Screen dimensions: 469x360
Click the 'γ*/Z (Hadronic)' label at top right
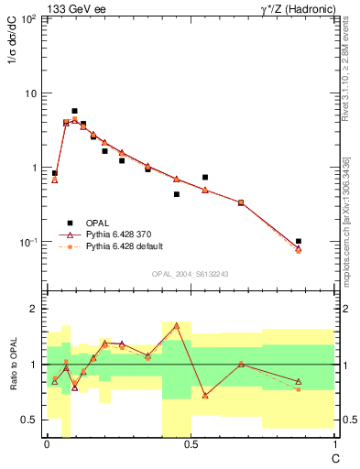297,8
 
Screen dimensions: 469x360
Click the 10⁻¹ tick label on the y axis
27,243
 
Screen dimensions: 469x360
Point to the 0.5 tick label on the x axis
191,444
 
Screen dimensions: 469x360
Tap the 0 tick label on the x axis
47,444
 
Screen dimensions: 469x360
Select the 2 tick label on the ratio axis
34,309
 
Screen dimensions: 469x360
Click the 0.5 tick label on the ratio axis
29,420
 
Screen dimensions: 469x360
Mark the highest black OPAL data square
74,111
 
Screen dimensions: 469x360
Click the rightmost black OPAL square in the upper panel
299,241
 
